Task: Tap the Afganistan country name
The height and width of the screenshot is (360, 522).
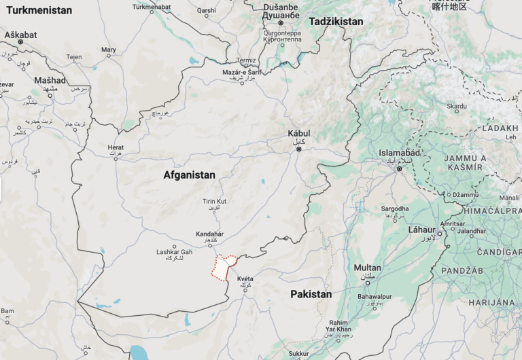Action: tap(189, 175)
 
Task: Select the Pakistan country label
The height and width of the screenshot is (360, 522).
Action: tap(311, 294)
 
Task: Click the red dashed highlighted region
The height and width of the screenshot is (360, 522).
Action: tap(222, 268)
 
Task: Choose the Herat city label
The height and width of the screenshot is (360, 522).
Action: tap(116, 147)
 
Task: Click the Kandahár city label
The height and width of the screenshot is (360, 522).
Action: tap(209, 234)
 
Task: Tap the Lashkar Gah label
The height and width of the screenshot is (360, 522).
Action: tap(175, 252)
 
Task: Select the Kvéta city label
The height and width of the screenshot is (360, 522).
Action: tap(245, 279)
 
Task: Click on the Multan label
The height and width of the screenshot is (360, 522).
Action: tap(367, 268)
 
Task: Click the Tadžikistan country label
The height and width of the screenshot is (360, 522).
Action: tap(336, 22)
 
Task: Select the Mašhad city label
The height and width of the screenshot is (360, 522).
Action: tap(50, 80)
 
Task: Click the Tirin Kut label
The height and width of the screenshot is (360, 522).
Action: tap(214, 202)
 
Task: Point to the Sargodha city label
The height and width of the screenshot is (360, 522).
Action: tap(395, 209)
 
